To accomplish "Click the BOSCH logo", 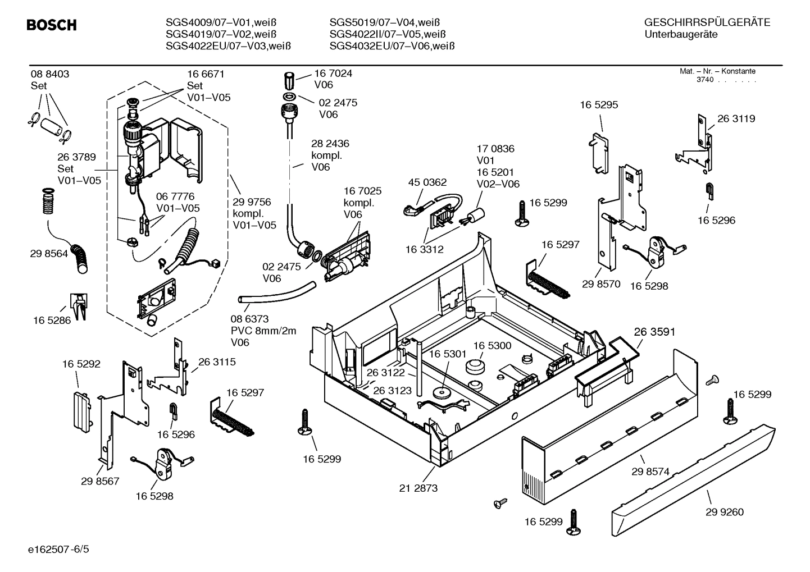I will (x=51, y=25).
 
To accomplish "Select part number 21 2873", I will (x=418, y=488).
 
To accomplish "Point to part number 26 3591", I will (x=654, y=332).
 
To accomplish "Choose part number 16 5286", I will (x=52, y=321).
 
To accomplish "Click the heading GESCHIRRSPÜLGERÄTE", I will (x=707, y=22).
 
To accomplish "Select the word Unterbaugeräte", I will (x=681, y=34).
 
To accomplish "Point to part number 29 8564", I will (x=49, y=254).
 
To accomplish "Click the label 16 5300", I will (x=492, y=346).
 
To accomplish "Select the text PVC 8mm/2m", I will (x=263, y=331).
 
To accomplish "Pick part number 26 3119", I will (x=736, y=118).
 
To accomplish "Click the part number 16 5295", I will (x=599, y=105).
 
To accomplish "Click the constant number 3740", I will (x=704, y=80).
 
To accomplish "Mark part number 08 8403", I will (x=50, y=74).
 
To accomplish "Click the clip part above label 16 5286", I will (x=78, y=305).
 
